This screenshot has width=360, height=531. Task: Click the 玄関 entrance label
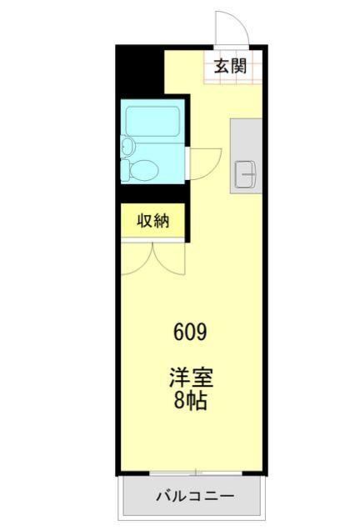pos(229,68)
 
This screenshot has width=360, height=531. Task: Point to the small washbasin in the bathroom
pos(127,147)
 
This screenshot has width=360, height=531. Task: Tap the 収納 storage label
pos(153,221)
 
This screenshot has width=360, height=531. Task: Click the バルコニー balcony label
pos(195,497)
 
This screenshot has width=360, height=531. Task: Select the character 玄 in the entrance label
pos(221,68)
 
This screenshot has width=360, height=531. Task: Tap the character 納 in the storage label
pos(162,221)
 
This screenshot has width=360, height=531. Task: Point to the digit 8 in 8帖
pos(179,401)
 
